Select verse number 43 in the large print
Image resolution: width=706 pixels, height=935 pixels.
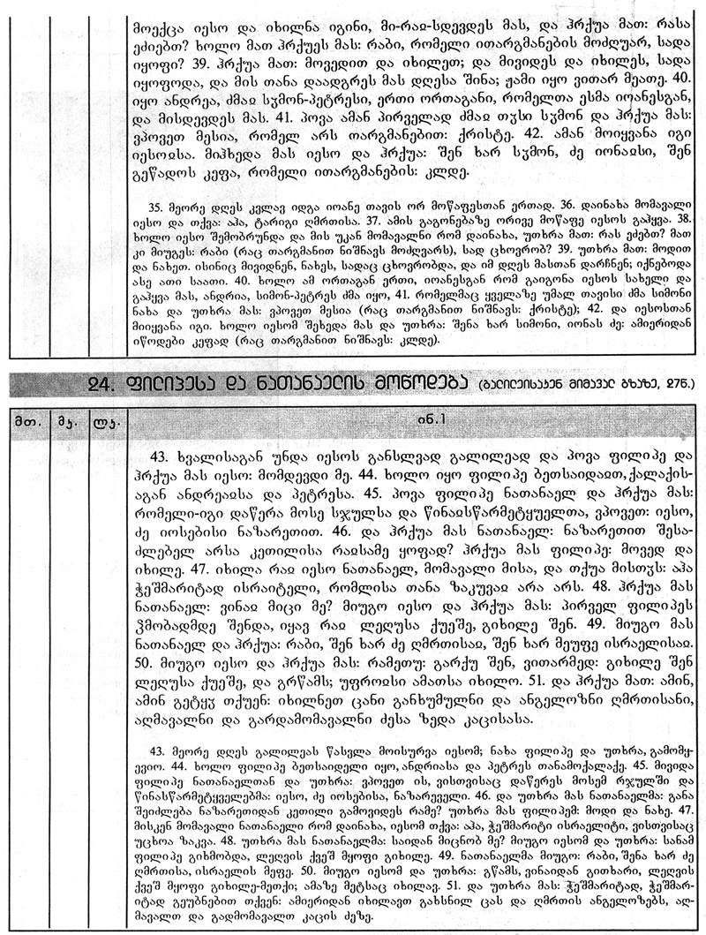[161, 458]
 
